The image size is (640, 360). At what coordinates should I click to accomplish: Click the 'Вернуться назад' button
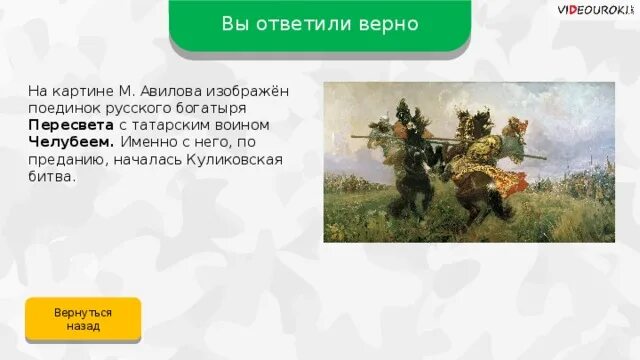click(x=83, y=319)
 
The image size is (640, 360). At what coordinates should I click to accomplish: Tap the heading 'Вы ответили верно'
click(x=320, y=23)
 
